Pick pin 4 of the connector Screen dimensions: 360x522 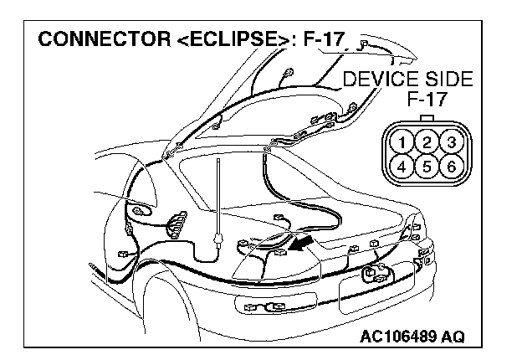click(405, 164)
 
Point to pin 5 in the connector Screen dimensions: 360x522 click(427, 164)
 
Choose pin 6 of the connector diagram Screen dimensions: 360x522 click(450, 164)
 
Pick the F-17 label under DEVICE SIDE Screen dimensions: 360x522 click(427, 100)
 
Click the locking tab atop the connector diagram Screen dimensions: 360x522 click(427, 118)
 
